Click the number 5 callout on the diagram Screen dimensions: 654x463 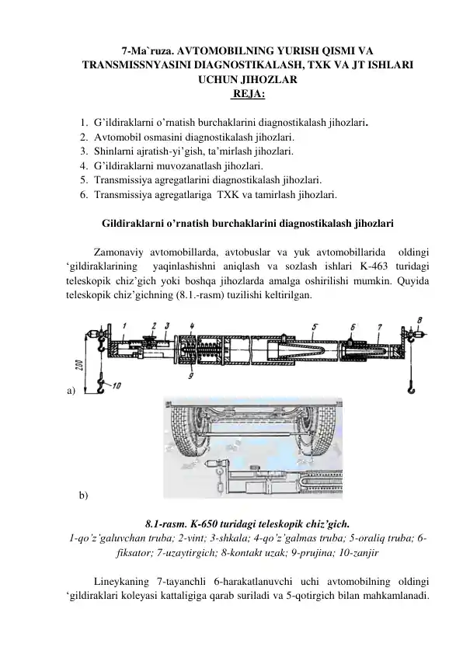[x=314, y=327]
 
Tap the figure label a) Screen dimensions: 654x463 [x=71, y=391]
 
